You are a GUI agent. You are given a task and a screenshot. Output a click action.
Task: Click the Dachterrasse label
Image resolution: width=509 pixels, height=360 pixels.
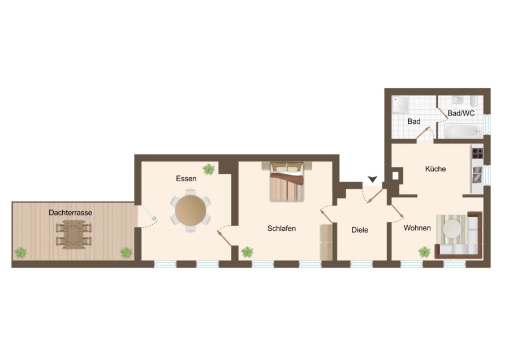coord(71,212)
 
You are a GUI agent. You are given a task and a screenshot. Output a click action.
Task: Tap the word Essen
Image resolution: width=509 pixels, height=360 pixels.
coord(186,178)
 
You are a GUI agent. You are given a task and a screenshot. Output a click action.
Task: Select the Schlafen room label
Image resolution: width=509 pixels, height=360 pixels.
coord(282,229)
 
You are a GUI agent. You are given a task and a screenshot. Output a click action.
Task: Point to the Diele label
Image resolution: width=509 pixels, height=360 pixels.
coord(360,230)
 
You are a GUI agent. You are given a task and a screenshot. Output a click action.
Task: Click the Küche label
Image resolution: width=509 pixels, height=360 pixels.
coord(435,169)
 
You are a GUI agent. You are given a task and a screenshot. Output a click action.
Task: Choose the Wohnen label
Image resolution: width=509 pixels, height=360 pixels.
coord(417,228)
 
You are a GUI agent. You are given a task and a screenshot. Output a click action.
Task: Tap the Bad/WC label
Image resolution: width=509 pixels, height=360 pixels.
coord(461,113)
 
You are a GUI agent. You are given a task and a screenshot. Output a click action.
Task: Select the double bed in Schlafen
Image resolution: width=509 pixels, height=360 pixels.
coord(287,182)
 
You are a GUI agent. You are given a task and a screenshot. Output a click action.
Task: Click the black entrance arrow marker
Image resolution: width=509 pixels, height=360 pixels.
coord(372,179)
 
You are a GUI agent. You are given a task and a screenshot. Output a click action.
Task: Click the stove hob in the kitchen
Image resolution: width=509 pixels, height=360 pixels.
coord(477,153)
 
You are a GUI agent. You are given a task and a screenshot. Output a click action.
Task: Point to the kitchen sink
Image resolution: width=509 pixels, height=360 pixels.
coord(477,174)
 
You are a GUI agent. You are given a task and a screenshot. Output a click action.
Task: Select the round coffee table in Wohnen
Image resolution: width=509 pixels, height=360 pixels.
coord(452,229)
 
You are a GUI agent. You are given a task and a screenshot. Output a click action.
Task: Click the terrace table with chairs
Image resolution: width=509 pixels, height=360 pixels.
coord(74,234)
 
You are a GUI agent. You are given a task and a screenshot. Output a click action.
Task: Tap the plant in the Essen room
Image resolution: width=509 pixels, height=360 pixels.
coord(209,169)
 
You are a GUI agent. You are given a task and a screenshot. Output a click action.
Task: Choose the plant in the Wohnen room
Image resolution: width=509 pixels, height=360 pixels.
coord(424,252)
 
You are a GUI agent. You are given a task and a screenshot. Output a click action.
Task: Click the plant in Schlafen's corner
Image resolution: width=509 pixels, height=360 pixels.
coord(247,252)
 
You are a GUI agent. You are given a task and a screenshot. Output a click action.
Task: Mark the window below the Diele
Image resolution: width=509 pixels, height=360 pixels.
coord(361,264)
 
